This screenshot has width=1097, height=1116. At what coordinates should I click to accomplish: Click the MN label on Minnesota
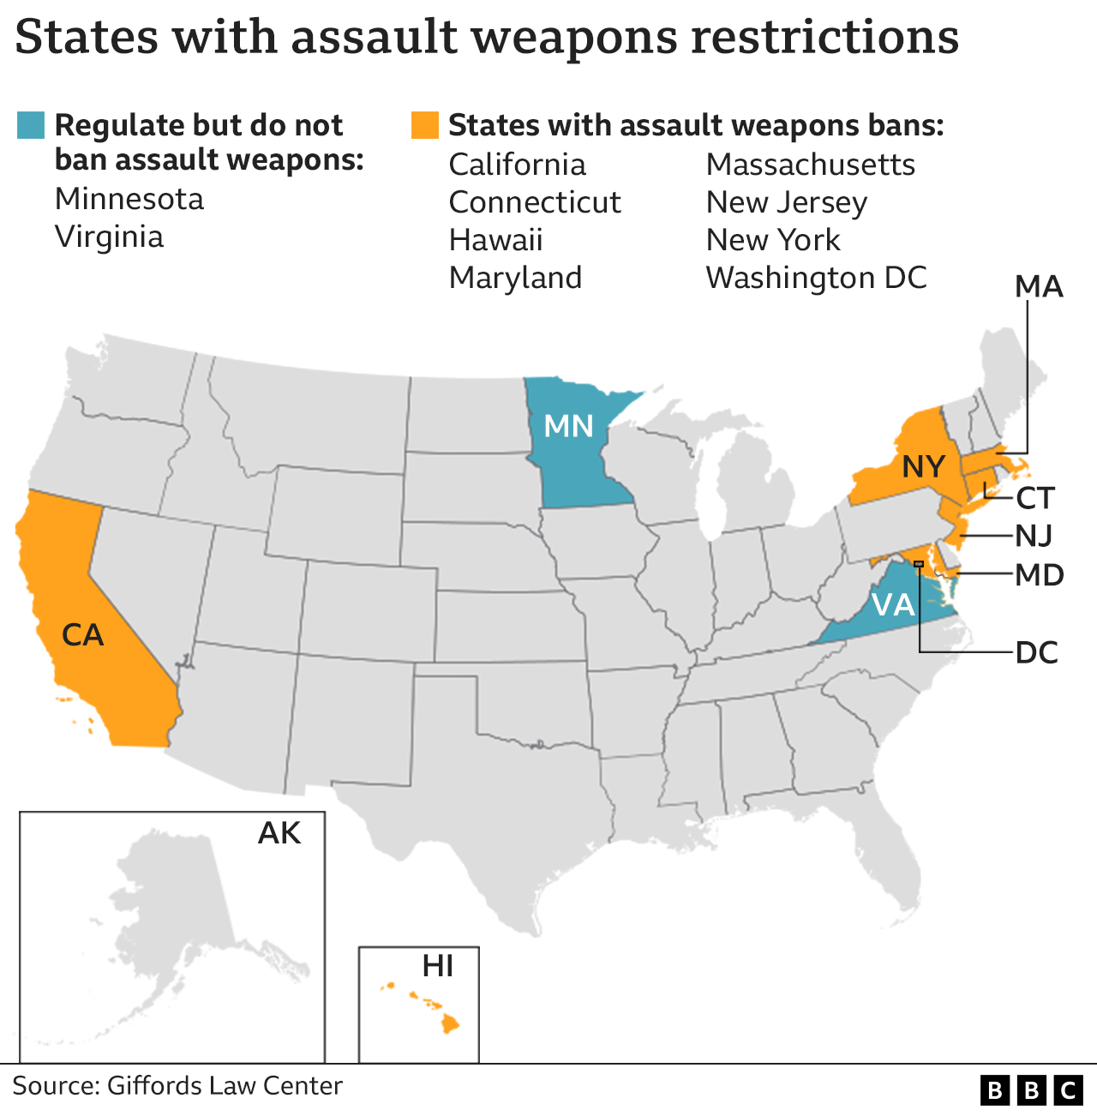coord(569,426)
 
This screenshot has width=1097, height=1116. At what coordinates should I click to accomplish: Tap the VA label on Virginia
coord(893,605)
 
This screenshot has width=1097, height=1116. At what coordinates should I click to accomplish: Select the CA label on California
coord(82,635)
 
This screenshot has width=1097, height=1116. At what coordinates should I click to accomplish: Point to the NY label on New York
coord(923,467)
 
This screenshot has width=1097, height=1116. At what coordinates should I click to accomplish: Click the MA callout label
coord(1039,287)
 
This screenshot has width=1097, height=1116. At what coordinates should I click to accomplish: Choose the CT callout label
coord(1035,498)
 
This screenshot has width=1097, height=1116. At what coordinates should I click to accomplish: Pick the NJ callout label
coord(1034,536)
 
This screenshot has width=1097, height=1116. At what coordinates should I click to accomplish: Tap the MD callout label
coord(1040,575)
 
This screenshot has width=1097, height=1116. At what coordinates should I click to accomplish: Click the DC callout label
coord(1037,653)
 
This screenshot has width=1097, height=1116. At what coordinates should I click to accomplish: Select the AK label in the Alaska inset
coord(279,833)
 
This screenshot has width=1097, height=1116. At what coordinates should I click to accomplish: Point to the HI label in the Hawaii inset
coord(437,967)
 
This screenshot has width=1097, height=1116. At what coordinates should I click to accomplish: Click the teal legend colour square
coord(31,125)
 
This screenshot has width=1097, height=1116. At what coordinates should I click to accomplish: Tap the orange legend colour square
coord(425,125)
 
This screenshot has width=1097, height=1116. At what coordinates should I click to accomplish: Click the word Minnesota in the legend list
coord(129,199)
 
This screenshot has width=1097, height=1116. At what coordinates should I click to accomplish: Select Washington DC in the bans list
coord(816,278)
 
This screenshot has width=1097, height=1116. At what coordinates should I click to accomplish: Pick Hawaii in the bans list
coord(495,240)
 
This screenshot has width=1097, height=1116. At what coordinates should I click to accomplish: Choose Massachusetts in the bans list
coord(810,165)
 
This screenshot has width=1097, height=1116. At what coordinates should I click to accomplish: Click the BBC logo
coord(1032,1089)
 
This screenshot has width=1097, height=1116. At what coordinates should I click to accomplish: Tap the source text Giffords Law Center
coord(225,1086)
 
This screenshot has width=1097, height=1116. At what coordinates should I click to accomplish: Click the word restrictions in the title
coord(824,38)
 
